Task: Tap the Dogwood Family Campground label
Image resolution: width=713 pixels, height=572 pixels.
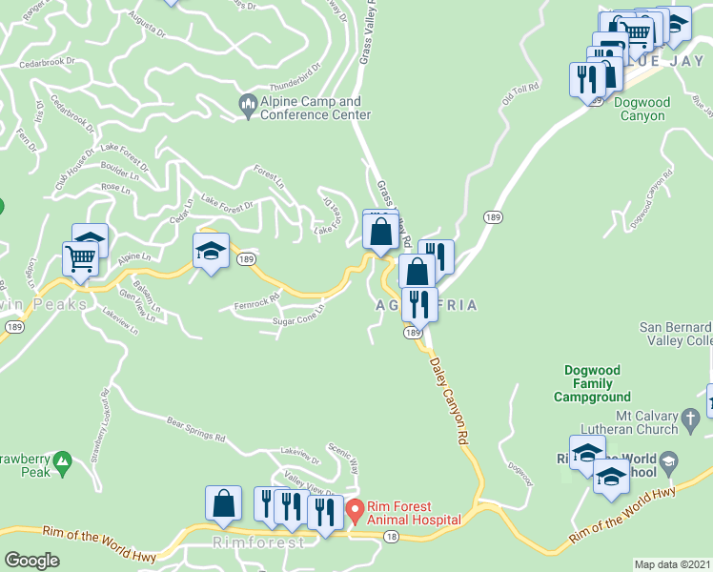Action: [x=597, y=383]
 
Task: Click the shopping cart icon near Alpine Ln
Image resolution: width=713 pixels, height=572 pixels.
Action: [x=80, y=258]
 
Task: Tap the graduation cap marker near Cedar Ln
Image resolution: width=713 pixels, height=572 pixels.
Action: [x=212, y=250]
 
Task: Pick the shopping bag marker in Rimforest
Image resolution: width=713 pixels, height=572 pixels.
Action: [x=223, y=504]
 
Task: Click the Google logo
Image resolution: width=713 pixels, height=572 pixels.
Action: [x=31, y=561]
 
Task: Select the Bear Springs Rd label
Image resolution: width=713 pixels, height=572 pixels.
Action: [x=195, y=430]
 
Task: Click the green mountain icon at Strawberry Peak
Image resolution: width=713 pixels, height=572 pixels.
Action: [x=63, y=462]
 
